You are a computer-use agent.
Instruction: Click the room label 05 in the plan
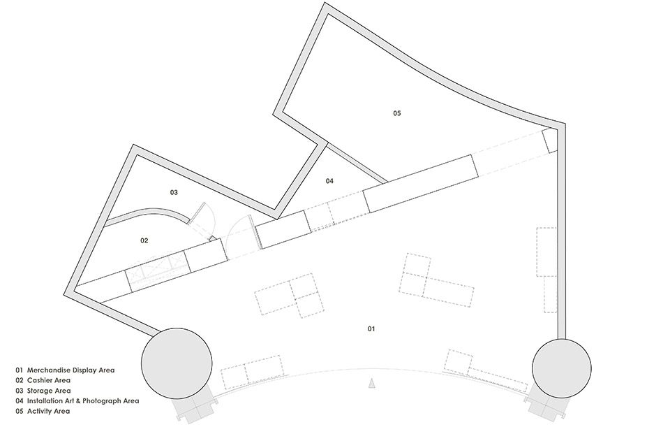point(397,113)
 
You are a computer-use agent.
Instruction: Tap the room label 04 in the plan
point(329,181)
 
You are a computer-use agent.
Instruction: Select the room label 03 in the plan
point(174,193)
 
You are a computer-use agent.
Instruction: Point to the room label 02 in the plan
point(144,240)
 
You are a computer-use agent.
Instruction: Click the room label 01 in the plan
point(371,328)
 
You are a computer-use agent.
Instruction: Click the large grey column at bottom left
point(177,363)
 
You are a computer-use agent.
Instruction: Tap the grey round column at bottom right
point(561,368)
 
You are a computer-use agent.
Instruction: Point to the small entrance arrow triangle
point(372,383)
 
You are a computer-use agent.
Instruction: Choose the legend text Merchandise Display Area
point(71,370)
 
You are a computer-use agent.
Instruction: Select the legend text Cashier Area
point(49,380)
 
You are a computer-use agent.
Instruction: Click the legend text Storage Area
point(49,391)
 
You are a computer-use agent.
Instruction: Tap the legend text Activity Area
point(48,411)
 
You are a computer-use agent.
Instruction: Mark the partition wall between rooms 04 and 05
point(356,163)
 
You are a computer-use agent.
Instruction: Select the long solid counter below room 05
point(420,184)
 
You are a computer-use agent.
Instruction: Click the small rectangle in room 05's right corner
point(550,140)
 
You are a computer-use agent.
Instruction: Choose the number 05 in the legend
point(20,411)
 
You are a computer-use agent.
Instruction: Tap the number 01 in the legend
point(20,370)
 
